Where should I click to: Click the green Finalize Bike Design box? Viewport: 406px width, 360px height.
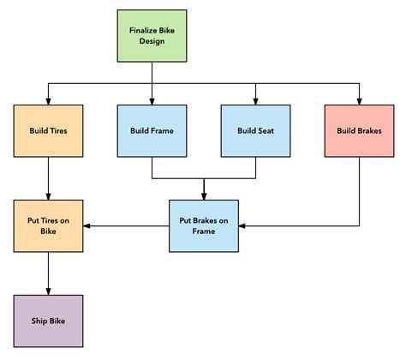152,37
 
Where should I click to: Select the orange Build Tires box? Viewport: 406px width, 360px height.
48,131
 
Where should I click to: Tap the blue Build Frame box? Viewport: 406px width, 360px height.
152,131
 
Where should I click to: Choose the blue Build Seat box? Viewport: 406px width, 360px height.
255,131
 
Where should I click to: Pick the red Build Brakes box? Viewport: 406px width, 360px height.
359,131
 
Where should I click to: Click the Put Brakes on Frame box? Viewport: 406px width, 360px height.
203,225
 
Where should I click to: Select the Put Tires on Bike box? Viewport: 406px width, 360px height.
48,225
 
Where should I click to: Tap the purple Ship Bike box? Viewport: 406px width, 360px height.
48,321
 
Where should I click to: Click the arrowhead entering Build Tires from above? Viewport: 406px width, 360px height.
48,101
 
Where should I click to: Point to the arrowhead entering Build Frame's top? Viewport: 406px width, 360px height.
152,101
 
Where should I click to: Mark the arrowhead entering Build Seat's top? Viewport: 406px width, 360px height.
255,101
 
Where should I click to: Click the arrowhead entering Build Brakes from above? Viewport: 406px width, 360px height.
359,101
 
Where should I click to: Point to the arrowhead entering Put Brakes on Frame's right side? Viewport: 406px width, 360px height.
242,226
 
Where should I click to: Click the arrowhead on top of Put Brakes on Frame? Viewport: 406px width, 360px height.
203,195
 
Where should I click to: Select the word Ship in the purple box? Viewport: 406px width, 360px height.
39,321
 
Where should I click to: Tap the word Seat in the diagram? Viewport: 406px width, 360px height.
266,131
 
